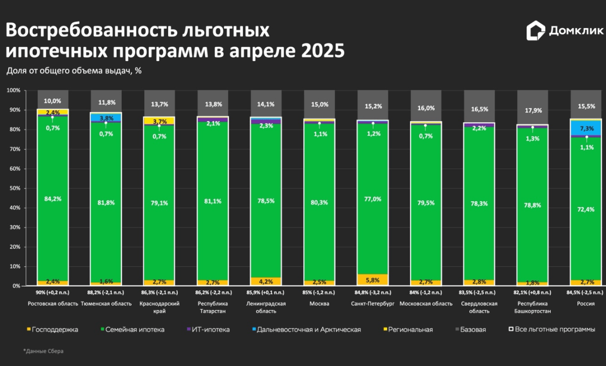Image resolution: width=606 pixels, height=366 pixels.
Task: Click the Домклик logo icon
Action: tap(535, 31)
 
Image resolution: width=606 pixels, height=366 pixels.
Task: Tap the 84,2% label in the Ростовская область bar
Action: tap(53, 199)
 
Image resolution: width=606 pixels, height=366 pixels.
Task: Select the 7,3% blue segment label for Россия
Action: tap(586, 129)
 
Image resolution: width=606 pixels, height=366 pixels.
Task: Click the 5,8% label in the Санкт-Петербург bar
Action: tap(373, 279)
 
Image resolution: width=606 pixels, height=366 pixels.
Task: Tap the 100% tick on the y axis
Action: tap(13, 90)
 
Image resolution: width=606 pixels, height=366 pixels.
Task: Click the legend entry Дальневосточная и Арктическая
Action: tap(309, 330)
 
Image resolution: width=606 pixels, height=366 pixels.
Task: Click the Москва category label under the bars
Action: tap(319, 303)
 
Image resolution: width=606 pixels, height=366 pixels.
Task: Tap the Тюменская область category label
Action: tap(107, 303)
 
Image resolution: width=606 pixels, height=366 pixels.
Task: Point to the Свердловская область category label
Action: tap(479, 307)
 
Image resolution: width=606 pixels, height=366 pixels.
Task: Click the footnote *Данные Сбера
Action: tap(43, 351)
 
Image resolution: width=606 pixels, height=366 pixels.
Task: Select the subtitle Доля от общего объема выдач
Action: tap(74, 71)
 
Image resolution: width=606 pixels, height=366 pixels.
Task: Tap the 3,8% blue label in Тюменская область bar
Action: tap(106, 118)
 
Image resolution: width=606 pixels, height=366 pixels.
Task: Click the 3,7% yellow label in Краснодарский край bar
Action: tap(160, 121)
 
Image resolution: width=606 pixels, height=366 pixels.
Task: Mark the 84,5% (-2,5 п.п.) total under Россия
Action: tap(586, 292)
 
